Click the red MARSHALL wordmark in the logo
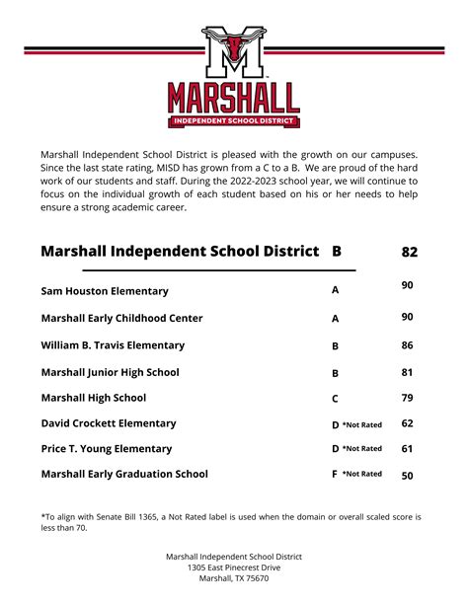[234, 98]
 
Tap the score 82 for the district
[410, 252]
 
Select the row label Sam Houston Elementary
[105, 291]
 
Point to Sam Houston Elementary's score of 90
[408, 285]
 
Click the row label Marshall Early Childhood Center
[121, 318]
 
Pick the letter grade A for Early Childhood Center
[336, 319]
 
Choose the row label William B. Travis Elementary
[113, 345]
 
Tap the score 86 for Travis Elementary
[408, 345]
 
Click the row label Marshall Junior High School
[110, 372]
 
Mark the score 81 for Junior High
[408, 372]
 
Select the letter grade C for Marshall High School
[336, 399]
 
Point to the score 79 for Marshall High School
[408, 398]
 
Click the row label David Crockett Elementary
[109, 423]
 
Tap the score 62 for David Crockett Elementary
[408, 423]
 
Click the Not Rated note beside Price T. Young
[362, 448]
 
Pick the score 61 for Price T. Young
[408, 448]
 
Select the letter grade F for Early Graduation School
[335, 474]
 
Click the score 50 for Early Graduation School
[408, 475]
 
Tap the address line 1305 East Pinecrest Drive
[234, 567]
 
